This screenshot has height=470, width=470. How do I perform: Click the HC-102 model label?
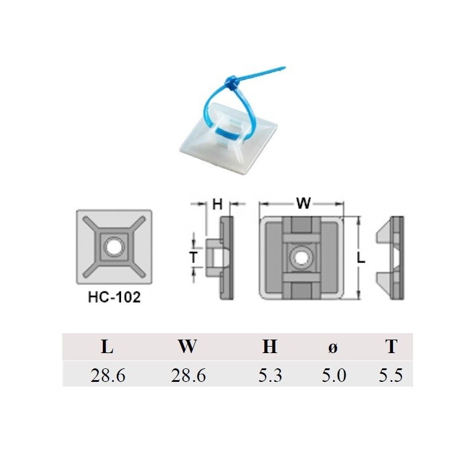click(x=114, y=297)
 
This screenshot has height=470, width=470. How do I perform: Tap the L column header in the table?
click(x=107, y=347)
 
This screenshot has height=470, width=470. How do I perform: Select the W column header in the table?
click(x=187, y=347)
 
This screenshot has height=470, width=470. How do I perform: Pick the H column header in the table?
click(x=270, y=347)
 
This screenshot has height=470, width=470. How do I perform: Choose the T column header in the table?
click(x=391, y=347)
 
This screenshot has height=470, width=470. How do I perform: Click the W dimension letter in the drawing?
click(x=303, y=204)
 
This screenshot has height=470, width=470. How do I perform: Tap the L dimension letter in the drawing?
click(x=361, y=258)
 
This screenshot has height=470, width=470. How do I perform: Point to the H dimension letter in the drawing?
click(x=217, y=204)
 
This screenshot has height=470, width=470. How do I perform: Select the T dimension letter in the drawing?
click(x=192, y=256)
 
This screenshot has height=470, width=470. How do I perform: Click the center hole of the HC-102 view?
click(x=113, y=247)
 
